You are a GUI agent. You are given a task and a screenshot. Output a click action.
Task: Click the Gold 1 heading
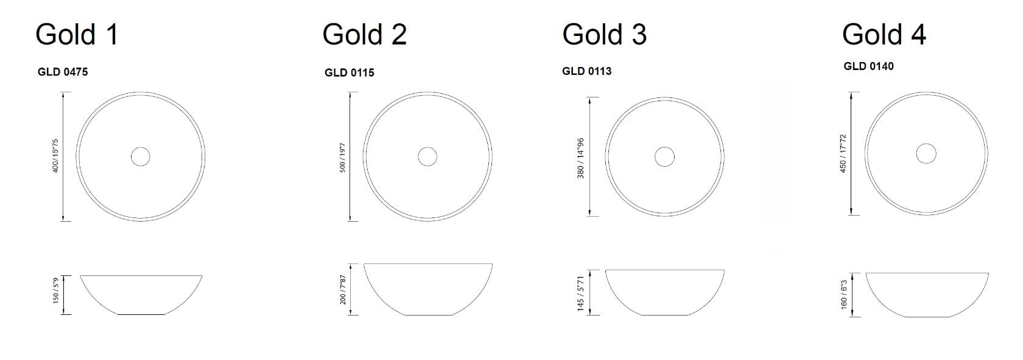point(77,34)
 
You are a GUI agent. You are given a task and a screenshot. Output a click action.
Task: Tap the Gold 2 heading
point(364,34)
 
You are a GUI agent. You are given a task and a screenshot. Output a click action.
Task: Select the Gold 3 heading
point(604,34)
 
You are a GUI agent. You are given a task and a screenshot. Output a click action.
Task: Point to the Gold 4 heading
point(884,34)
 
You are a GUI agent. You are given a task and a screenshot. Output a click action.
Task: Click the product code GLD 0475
point(63,72)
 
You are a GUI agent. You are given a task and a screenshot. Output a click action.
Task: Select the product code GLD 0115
point(350,72)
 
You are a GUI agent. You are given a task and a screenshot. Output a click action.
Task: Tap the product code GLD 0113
point(587,71)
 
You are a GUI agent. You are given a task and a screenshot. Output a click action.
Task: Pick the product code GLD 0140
point(868,66)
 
